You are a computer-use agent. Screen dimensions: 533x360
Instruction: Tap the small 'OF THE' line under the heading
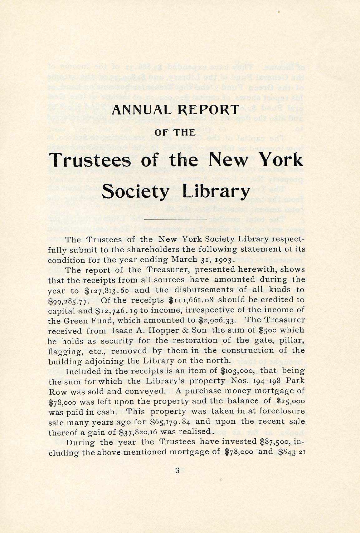click(x=175, y=132)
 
